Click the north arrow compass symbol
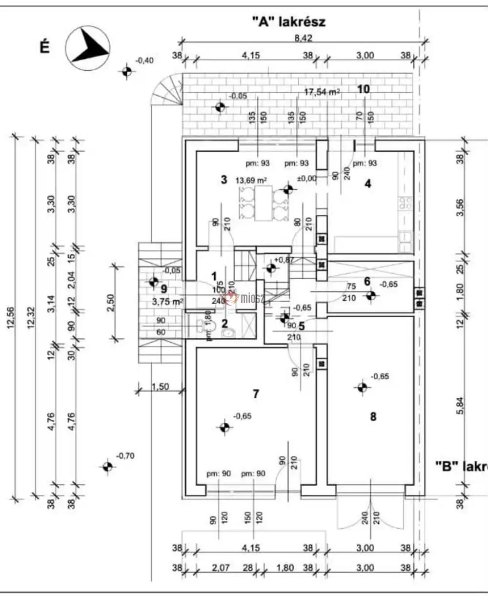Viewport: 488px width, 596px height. click(x=88, y=46)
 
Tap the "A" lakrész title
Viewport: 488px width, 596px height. click(x=288, y=21)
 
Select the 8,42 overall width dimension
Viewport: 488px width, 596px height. click(x=303, y=38)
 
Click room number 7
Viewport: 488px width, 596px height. click(x=256, y=393)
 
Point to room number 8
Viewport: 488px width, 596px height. click(x=373, y=416)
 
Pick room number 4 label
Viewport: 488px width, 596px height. click(x=368, y=184)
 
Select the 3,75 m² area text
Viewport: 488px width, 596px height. click(x=168, y=302)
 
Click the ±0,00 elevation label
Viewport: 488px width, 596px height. click(x=307, y=179)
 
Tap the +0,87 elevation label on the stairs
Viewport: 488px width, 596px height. click(x=285, y=260)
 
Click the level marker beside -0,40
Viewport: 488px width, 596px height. click(x=127, y=71)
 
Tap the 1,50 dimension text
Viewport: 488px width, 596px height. click(x=160, y=387)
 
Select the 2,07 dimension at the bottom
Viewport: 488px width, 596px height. click(x=222, y=568)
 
